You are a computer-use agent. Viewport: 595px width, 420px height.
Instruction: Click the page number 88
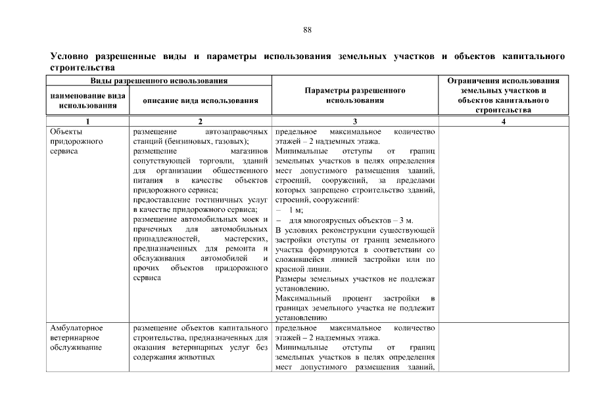tap(307, 30)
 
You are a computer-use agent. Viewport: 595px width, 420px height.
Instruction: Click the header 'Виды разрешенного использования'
tap(158, 81)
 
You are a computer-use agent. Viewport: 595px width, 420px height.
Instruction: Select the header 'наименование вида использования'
tap(88, 100)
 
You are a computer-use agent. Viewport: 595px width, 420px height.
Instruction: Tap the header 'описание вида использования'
tap(201, 100)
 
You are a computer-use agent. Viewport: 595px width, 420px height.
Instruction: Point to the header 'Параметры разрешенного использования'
tap(355, 96)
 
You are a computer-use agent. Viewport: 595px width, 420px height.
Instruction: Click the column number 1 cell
tap(88, 121)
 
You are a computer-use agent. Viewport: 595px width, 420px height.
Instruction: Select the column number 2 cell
tap(201, 121)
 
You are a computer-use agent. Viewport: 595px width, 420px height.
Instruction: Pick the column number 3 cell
tap(355, 121)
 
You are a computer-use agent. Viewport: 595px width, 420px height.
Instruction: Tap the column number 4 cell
tap(503, 121)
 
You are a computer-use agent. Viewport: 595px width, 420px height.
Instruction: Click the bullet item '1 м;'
tap(296, 209)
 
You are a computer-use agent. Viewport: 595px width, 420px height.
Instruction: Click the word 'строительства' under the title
tap(83, 68)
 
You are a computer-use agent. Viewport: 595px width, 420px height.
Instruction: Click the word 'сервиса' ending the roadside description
tap(147, 278)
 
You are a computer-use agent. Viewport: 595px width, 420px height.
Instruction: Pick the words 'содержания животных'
tap(174, 357)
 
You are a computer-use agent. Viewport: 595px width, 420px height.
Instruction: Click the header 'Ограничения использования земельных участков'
tap(503, 86)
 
